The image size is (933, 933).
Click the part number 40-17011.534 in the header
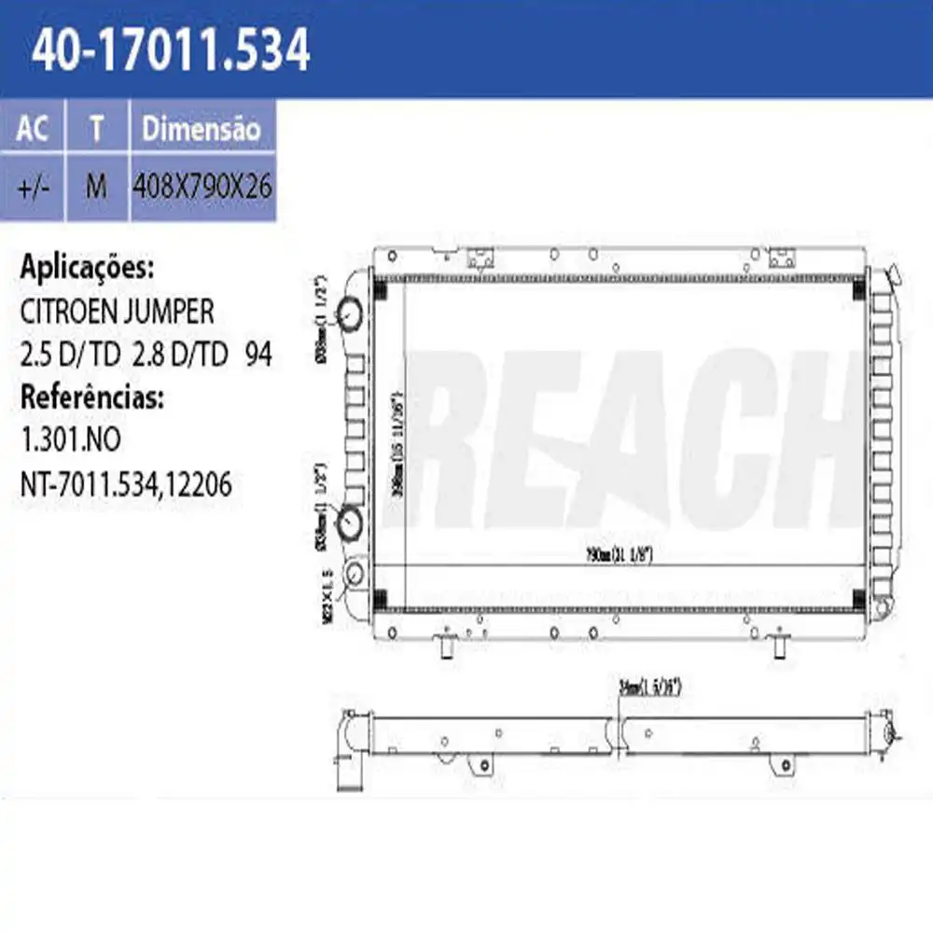point(171,50)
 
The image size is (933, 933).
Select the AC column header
point(33,129)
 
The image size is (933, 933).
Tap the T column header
point(96,129)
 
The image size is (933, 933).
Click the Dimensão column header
point(201,129)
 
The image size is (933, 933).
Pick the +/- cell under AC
point(33,187)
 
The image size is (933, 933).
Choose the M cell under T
point(96,187)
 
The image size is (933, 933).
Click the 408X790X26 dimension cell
point(203,187)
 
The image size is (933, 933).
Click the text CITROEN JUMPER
point(118,311)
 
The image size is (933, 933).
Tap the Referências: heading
point(92,398)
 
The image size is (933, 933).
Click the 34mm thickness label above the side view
point(651,688)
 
